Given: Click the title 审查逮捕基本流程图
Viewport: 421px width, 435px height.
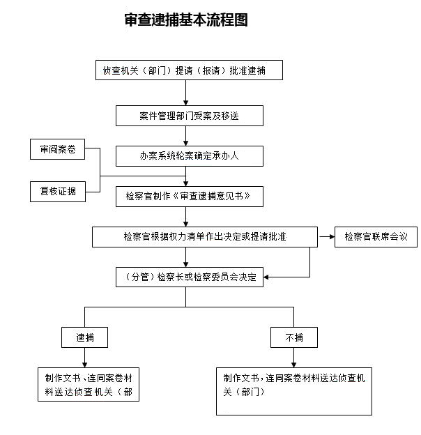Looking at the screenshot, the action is tap(186, 20).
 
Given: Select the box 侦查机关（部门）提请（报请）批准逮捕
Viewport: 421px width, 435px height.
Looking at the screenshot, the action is tap(189, 70).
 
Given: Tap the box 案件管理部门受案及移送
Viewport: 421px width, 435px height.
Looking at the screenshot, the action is tap(190, 116).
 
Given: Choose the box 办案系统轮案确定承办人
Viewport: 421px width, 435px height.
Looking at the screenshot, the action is tap(190, 156).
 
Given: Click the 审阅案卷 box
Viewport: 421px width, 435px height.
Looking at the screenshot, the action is tap(57, 149).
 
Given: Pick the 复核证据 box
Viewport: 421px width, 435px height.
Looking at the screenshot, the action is tap(58, 192).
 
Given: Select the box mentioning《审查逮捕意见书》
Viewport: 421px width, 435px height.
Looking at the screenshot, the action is tap(190, 197).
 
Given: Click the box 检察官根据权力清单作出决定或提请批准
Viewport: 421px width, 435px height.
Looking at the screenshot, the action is tap(205, 237).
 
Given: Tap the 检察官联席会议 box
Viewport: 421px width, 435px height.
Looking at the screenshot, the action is tap(376, 237).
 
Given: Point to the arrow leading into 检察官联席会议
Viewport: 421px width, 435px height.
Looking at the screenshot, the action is tap(327, 236).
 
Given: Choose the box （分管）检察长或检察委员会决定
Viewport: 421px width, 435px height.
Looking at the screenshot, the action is tap(190, 277).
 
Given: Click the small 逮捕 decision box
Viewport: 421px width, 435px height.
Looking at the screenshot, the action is tap(84, 337).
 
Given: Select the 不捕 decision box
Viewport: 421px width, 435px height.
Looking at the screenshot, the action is tap(294, 337).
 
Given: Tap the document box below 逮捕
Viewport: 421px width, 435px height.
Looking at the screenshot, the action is tap(89, 385).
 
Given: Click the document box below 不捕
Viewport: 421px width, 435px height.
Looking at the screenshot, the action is tap(294, 392).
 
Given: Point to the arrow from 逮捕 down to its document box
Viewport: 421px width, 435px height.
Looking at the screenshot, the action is tap(84, 358).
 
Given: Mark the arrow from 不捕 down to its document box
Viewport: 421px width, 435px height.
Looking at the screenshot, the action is tap(293, 358).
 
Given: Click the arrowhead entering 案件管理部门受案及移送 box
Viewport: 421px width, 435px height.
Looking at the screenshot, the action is tap(186, 103).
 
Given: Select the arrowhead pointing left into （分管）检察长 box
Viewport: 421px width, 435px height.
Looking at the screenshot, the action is tap(266, 277).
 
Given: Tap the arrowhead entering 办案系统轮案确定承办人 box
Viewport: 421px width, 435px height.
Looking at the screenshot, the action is tap(186, 144).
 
